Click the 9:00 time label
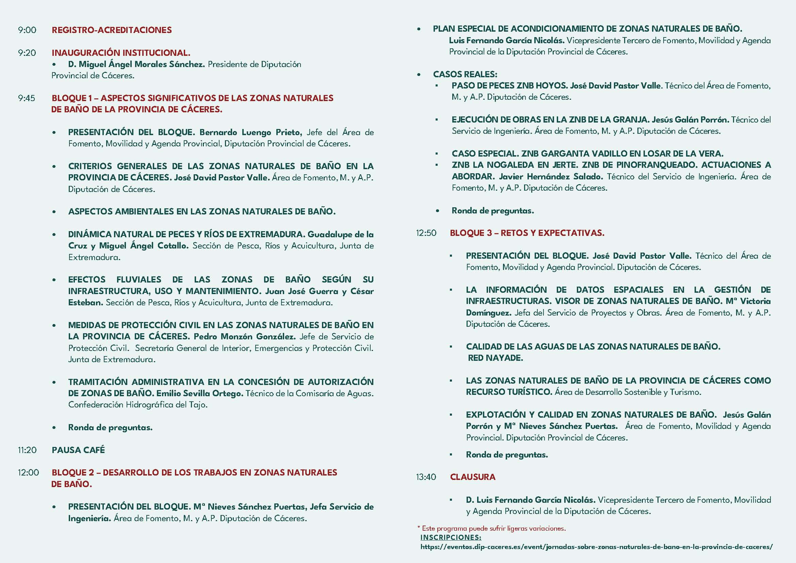(27, 30)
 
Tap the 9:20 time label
(27, 53)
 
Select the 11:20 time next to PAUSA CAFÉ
(27, 450)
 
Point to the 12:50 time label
(426, 233)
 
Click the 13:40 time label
(426, 477)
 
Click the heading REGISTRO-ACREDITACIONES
(112, 30)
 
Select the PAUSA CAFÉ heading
(78, 450)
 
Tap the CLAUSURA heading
(473, 477)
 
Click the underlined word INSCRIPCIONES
(451, 538)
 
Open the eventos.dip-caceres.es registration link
(596, 547)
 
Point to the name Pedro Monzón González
(244, 337)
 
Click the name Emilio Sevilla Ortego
(200, 393)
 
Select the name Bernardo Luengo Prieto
(251, 132)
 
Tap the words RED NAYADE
(496, 358)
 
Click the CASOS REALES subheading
(465, 75)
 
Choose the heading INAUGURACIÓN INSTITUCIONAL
(121, 53)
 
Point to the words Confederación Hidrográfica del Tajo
(137, 405)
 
